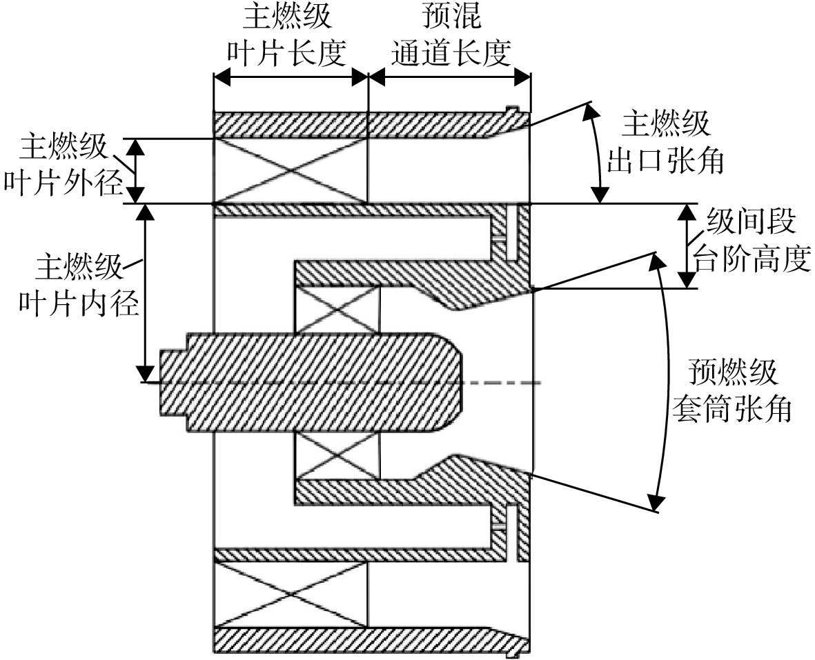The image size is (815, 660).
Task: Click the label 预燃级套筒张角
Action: pos(732,390)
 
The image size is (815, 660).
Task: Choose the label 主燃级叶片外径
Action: pos(63,165)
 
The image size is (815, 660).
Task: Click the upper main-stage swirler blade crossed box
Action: pos(291,171)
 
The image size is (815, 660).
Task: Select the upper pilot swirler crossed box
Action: pos(337,310)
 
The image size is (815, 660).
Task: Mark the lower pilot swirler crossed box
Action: pos(337,455)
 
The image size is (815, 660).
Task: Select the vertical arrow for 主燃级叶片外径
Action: pos(136,171)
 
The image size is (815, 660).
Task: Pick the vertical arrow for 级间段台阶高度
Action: pos(687,246)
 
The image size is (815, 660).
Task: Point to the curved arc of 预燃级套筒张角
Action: pos(667,381)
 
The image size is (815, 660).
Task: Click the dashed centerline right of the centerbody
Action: pos(502,383)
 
